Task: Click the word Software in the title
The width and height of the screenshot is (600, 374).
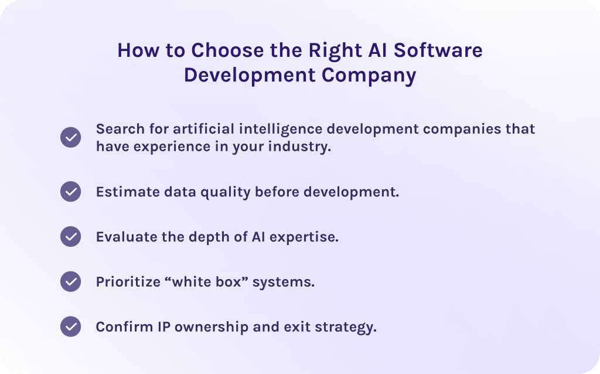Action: pos(438,50)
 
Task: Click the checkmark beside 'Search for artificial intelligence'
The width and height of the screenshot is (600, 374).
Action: pos(71,138)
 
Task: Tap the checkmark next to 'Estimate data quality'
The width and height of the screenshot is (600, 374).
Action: pos(71,192)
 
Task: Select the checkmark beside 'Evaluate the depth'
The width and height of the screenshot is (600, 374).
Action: pos(71,237)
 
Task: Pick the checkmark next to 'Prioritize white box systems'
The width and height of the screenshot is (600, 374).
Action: pos(71,282)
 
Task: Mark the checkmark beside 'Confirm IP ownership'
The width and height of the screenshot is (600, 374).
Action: pos(71,327)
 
